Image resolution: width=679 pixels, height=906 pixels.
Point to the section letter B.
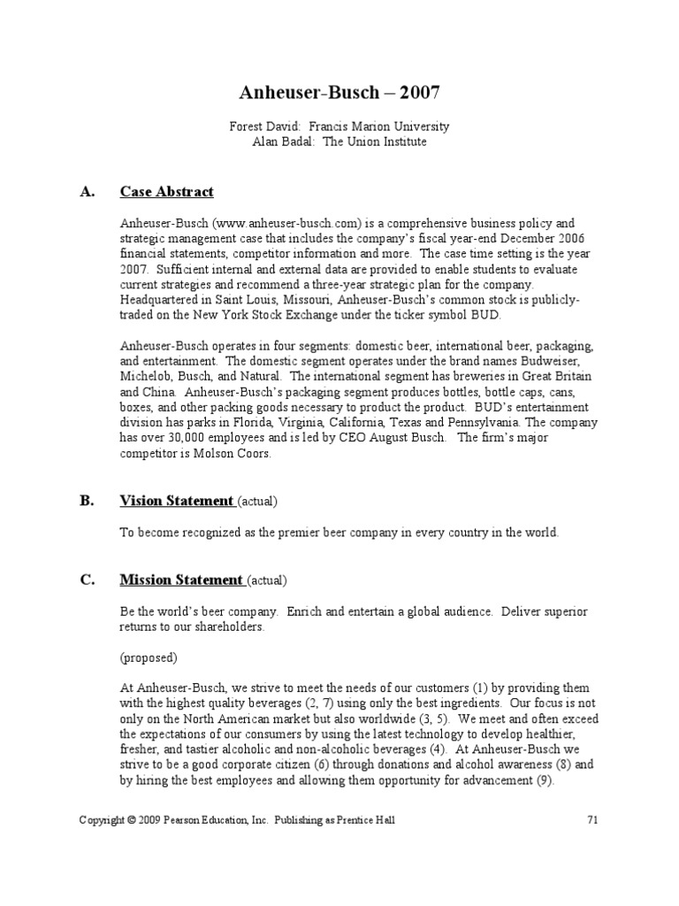tap(87, 501)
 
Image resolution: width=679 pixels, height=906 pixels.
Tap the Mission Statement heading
tap(181, 580)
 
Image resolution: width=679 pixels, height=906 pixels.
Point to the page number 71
tap(593, 820)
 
